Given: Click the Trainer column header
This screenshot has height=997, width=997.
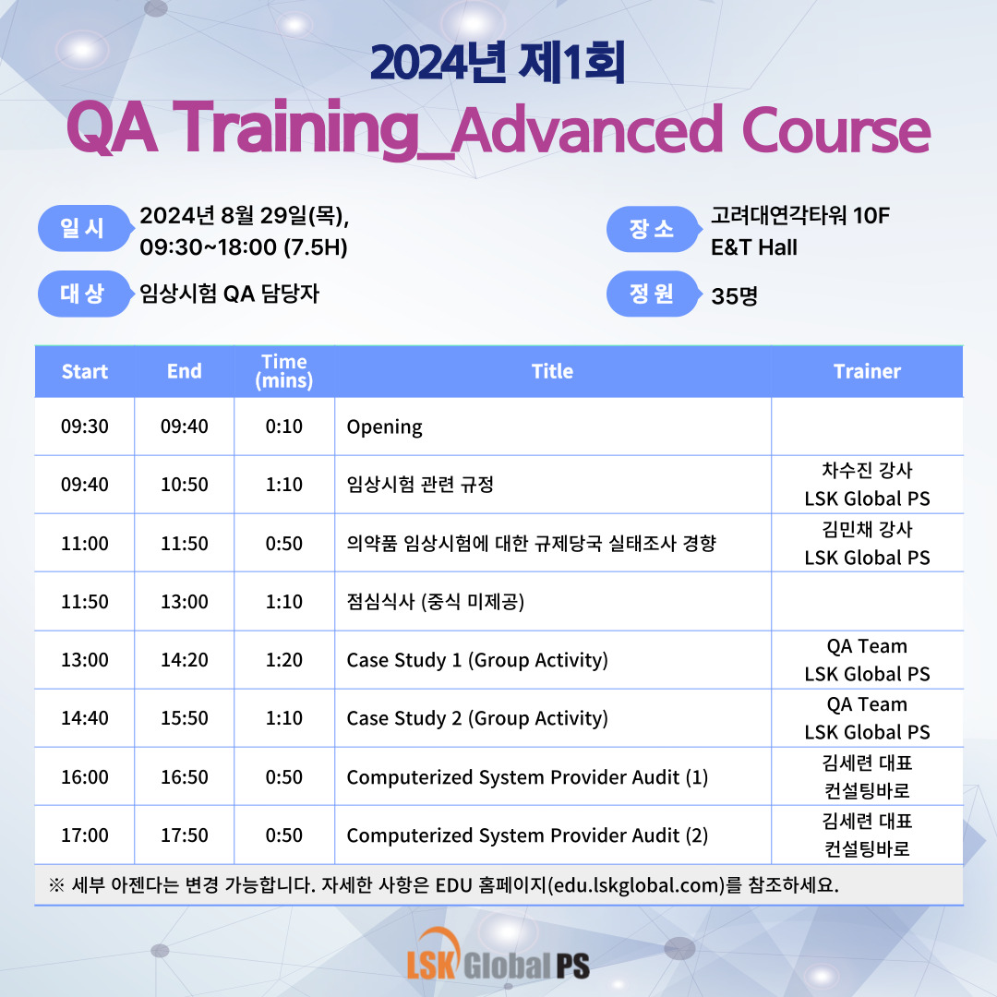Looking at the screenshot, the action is coord(867,371).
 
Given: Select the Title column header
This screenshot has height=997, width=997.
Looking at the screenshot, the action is coord(553,371).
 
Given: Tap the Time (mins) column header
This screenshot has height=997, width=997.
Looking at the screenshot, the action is coord(283,371).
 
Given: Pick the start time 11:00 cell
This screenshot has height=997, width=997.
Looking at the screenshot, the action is coord(85,544).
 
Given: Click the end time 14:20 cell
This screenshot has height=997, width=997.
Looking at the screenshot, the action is coord(185,660).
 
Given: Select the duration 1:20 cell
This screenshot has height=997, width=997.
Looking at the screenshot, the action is coord(283,660).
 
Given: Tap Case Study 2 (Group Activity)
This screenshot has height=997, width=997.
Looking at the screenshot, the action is coord(477,718).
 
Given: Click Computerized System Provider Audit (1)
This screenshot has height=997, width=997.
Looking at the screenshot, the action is coord(527,777).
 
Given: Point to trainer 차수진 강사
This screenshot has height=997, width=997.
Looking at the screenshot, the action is coord(867,471).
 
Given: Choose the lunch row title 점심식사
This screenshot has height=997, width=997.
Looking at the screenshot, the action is coord(380,602).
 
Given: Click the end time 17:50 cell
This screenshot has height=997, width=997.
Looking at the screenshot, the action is coord(185,835).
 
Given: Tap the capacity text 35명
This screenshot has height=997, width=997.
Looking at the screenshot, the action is coord(735,295).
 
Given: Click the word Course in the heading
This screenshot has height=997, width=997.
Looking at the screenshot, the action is coord(835,130).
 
